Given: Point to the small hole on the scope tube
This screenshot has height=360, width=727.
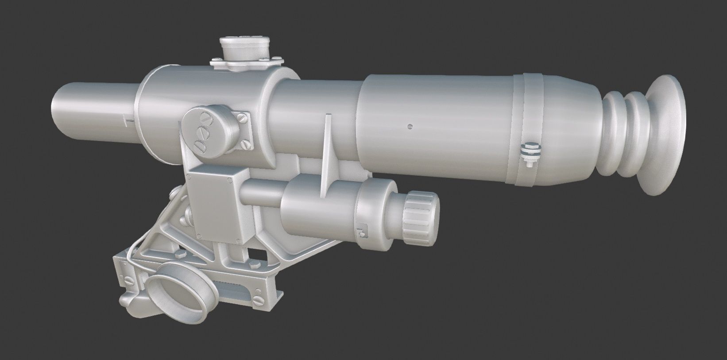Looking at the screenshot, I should tap(410, 127).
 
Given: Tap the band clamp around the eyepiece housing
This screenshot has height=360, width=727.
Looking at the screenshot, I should tap(534, 128).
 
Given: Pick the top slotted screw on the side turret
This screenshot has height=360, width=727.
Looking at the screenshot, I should tap(205, 119).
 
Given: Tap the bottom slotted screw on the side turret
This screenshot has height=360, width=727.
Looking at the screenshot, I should tap(198, 145).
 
